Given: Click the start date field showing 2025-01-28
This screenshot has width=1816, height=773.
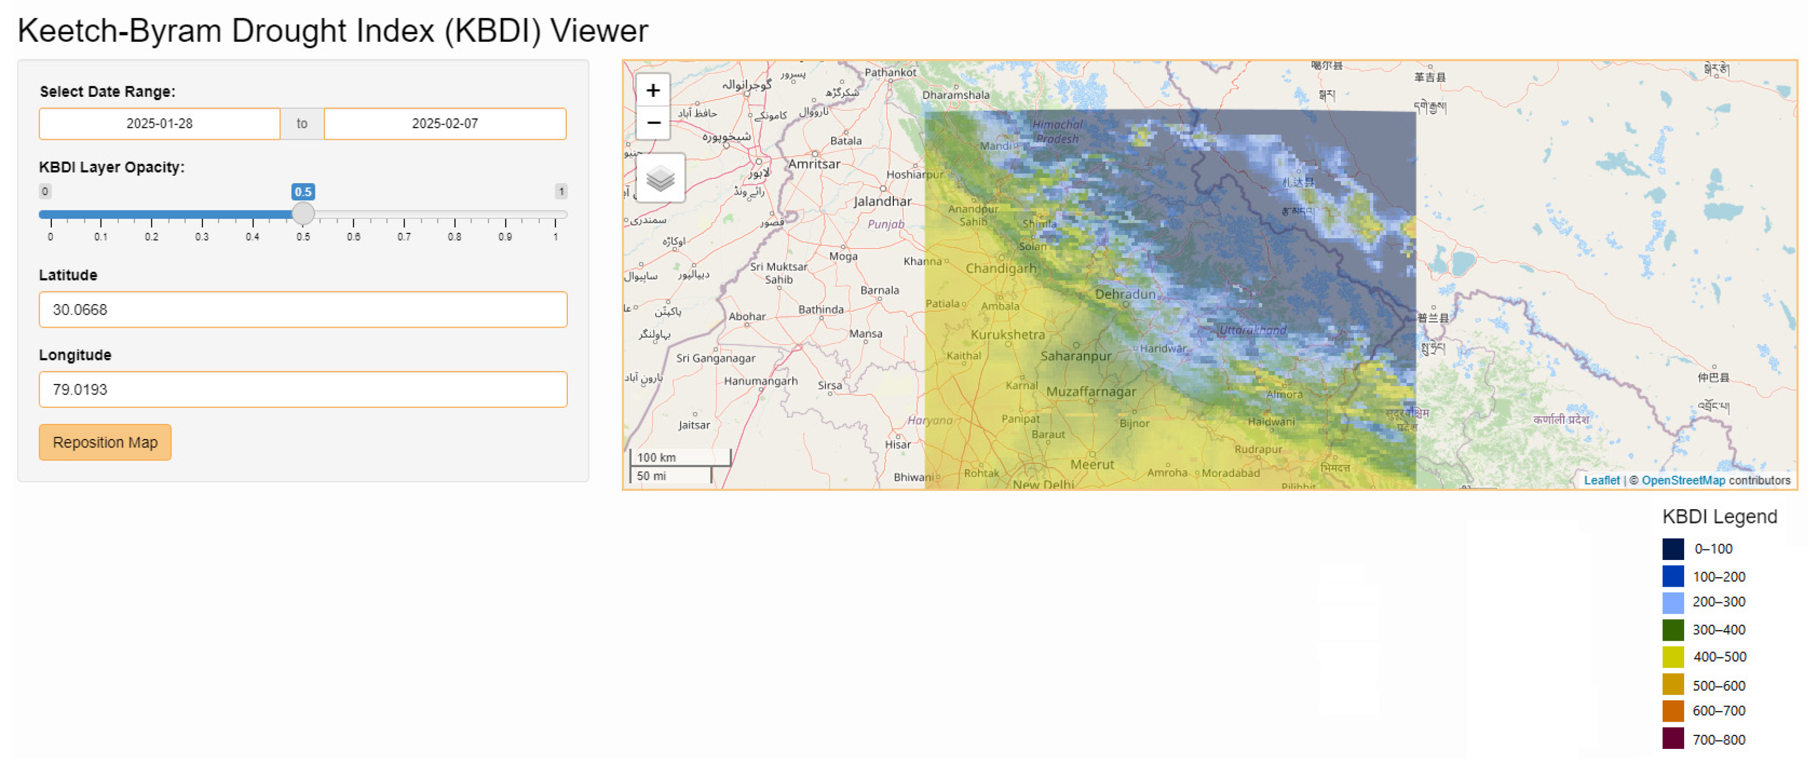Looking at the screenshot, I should tap(159, 124).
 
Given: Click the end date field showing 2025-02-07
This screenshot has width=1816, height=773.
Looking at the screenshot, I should tap(445, 124).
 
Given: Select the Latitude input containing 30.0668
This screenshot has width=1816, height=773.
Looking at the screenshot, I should tap(303, 310).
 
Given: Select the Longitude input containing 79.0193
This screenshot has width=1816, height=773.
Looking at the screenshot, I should tap(303, 389).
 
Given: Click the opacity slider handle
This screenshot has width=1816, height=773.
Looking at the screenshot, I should tap(303, 213).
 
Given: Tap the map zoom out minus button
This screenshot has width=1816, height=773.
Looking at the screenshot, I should tap(653, 122).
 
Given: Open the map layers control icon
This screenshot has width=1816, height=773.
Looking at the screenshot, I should tap(660, 178).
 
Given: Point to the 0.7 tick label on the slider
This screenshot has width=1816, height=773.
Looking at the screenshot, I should tap(404, 237).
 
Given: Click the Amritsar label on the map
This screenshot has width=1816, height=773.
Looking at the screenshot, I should tap(814, 164).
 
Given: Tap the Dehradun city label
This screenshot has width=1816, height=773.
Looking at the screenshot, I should tap(1125, 294).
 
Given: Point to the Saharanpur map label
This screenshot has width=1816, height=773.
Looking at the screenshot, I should tap(1076, 356).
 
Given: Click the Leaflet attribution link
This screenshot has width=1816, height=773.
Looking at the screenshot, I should tap(1601, 480).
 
